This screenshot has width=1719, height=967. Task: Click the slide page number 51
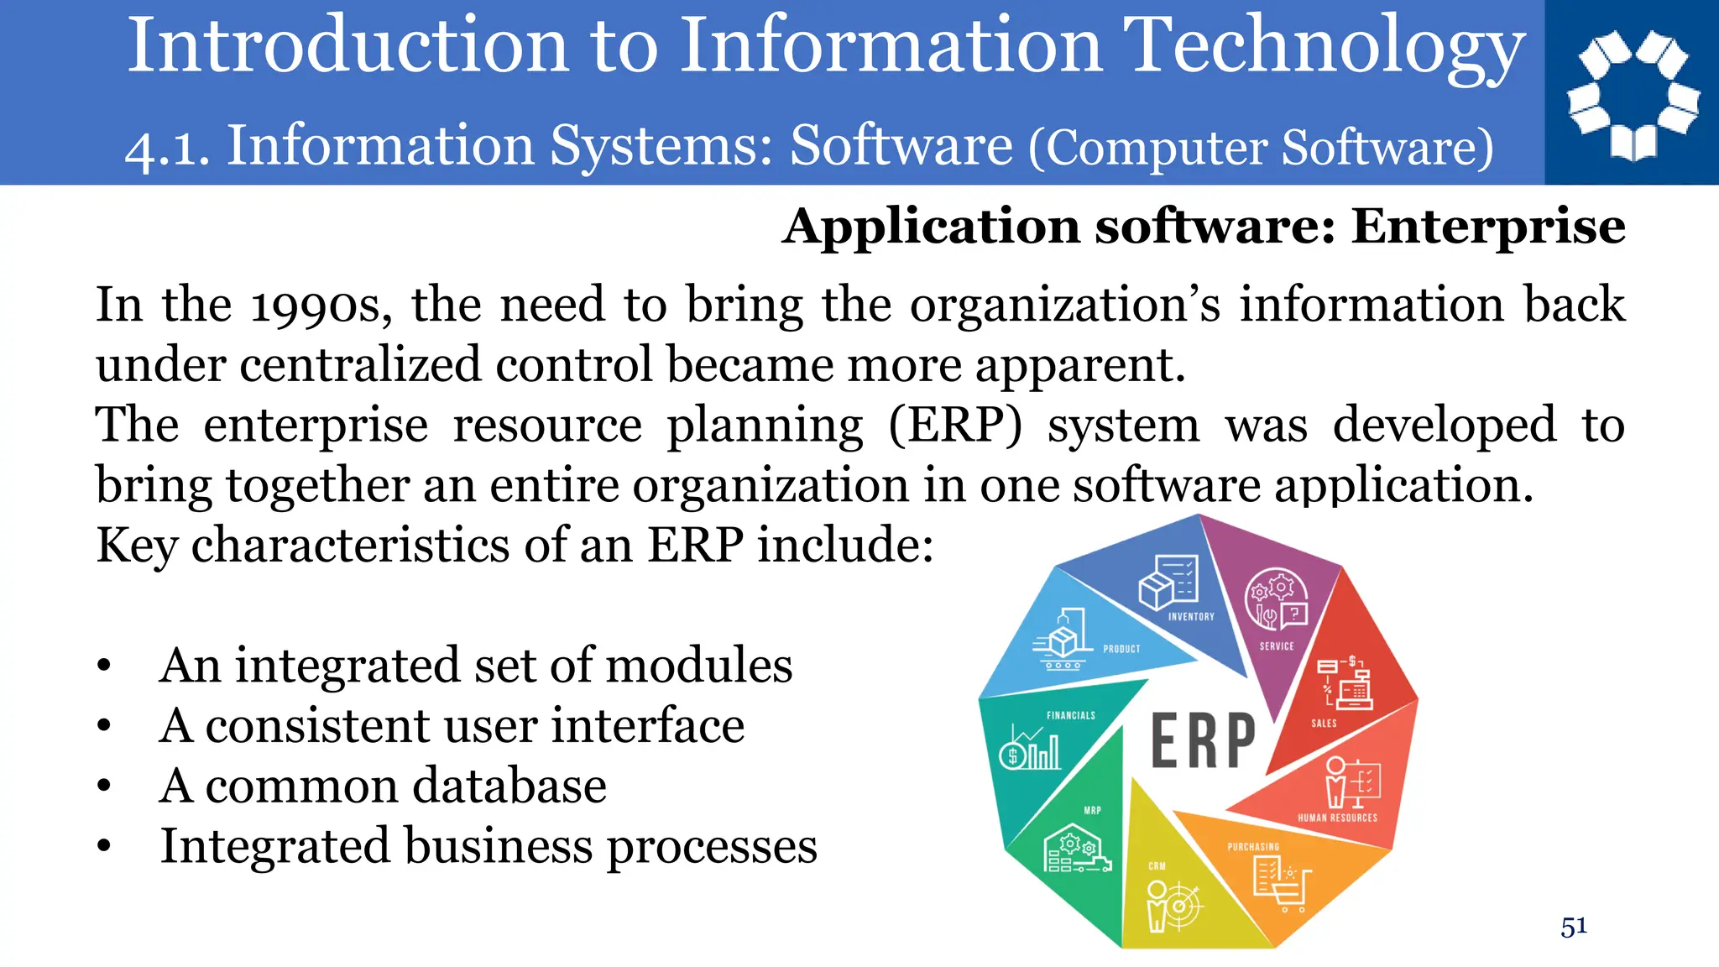(1574, 927)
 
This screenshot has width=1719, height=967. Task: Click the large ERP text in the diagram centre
(1203, 741)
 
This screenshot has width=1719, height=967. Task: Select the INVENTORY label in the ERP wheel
(1191, 616)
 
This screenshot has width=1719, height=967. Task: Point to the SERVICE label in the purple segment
(1277, 646)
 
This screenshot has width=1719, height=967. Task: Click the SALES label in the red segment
(1324, 723)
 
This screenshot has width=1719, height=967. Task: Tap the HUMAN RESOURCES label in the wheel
(1337, 818)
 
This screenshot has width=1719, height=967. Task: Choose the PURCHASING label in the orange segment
(1253, 847)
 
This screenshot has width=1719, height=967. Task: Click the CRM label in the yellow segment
(1157, 865)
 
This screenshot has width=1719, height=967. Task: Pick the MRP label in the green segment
(1092, 811)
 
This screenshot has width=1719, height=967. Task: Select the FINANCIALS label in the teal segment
(1070, 715)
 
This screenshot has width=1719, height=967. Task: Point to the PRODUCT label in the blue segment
(1121, 649)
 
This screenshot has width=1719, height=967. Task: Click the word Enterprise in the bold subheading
(1488, 227)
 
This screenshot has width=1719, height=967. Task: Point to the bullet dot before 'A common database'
(103, 787)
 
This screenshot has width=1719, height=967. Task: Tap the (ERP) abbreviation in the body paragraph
(955, 426)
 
